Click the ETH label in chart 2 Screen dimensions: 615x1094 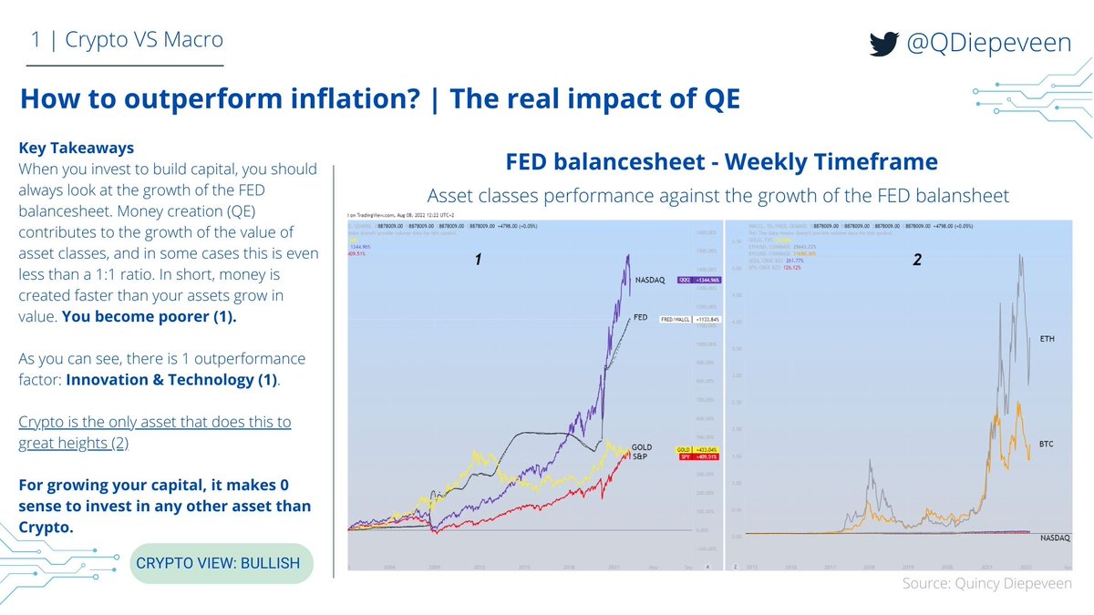click(1048, 339)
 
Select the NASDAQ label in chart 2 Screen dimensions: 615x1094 click(1055, 539)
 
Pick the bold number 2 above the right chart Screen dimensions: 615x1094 click(917, 261)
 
